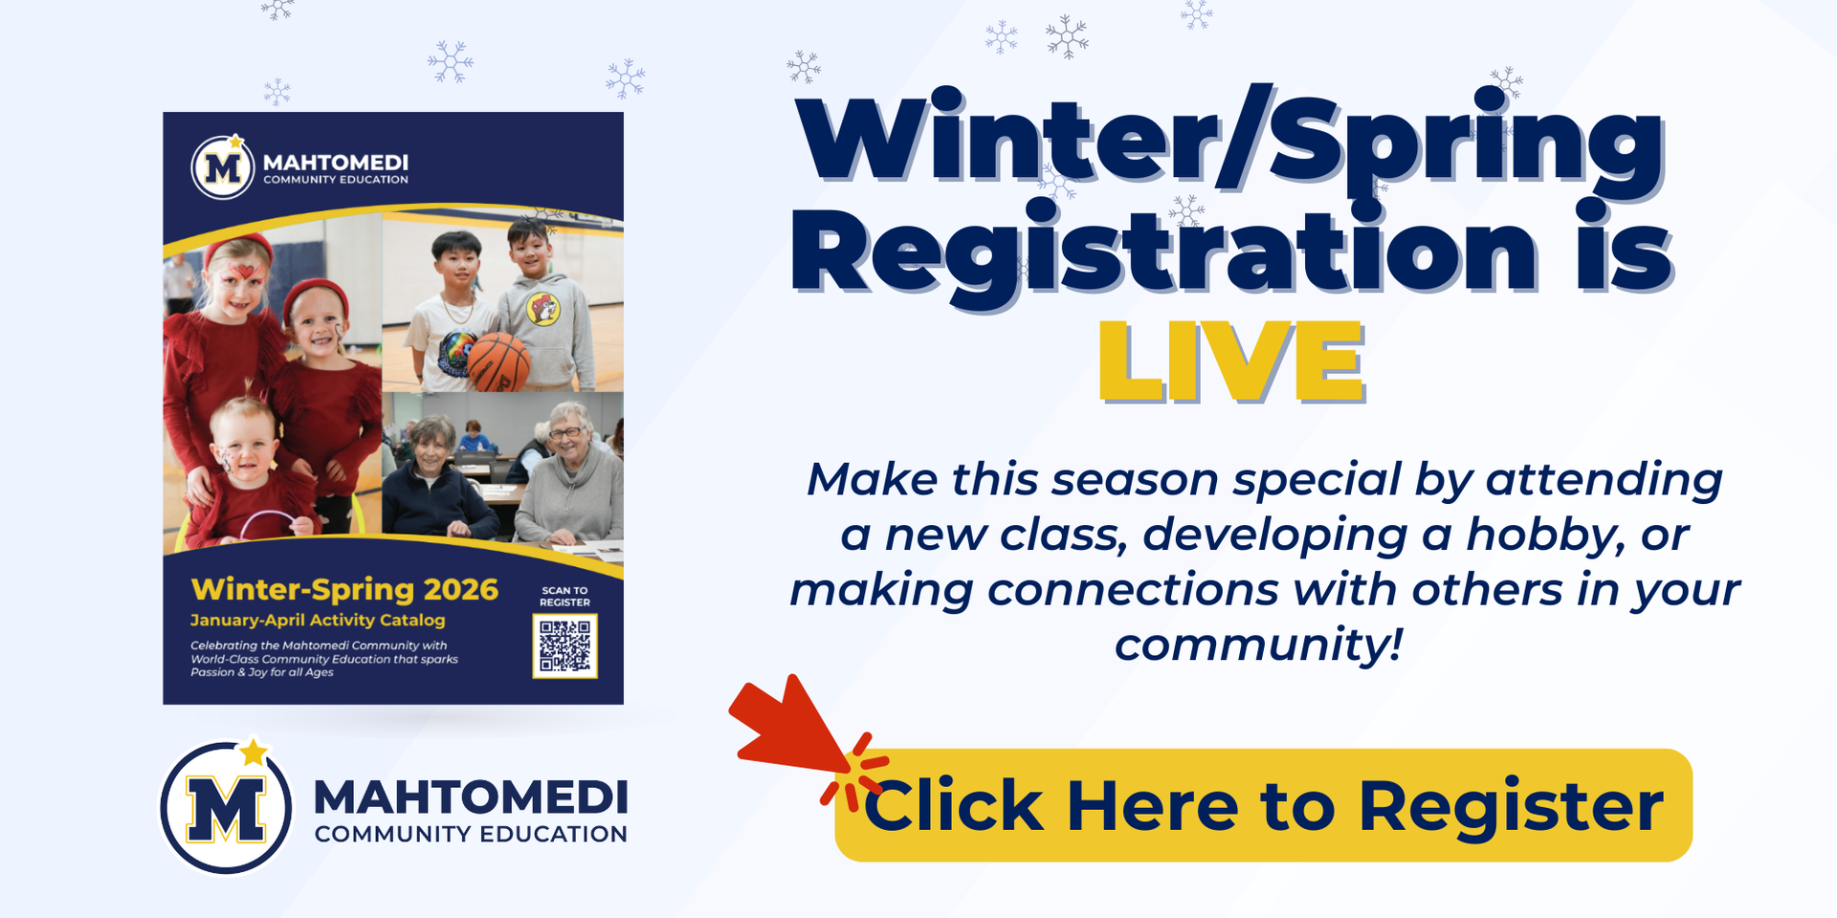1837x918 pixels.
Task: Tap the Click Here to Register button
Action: [x=1263, y=805]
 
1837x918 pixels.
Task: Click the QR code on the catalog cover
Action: [x=564, y=645]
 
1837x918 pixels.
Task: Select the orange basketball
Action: [x=498, y=362]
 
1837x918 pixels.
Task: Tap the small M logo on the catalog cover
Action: [x=223, y=168]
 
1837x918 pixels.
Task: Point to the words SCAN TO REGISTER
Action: [x=564, y=597]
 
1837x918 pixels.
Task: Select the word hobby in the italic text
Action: [x=1528, y=535]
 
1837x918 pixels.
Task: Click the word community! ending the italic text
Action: [x=1258, y=644]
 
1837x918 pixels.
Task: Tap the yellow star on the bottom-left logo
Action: [x=254, y=753]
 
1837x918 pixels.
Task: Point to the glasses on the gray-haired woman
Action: [x=565, y=433]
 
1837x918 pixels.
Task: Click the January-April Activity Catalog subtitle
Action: [x=318, y=620]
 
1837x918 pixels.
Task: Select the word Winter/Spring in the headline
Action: [x=1229, y=142]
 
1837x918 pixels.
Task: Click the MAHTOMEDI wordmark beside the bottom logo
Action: [x=471, y=797]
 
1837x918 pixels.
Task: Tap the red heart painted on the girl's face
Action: [x=246, y=271]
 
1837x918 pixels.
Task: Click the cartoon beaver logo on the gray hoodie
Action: [x=542, y=308]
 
